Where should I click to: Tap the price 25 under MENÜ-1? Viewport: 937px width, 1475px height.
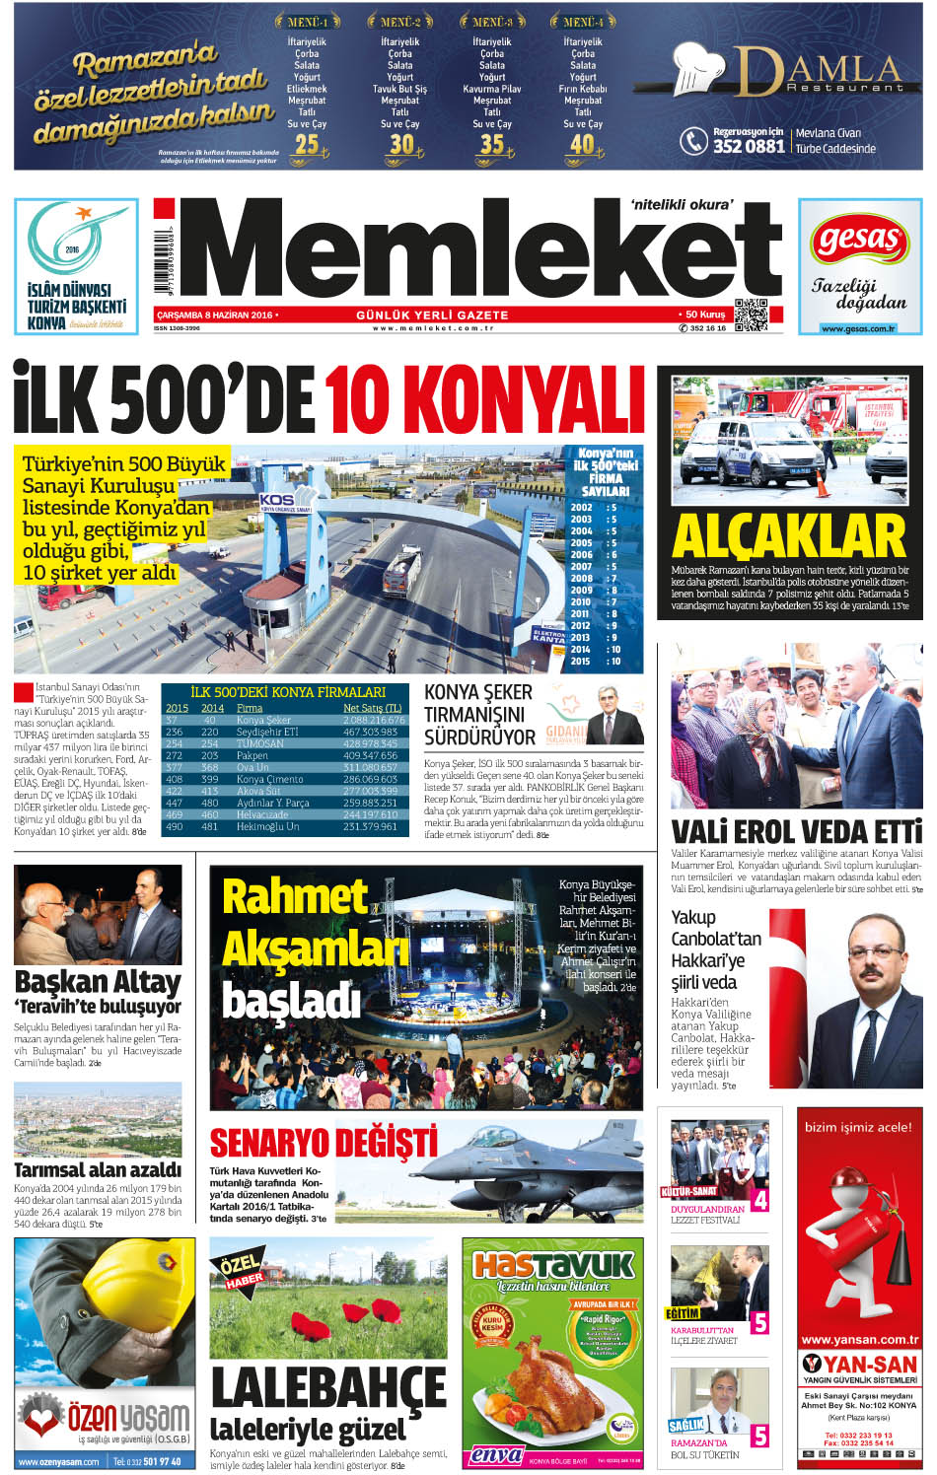pos(307,144)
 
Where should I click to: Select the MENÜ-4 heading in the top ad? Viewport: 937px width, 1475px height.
pos(583,21)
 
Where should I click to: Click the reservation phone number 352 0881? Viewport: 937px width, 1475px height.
pos(749,146)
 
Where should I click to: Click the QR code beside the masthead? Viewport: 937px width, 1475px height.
pos(751,314)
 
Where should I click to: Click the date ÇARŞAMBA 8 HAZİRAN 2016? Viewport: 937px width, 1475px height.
pos(214,316)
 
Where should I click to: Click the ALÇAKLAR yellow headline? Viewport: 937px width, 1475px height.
pos(789,537)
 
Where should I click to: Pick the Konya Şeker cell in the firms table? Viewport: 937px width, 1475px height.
pos(263,720)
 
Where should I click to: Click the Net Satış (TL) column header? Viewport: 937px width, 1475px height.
pos(372,708)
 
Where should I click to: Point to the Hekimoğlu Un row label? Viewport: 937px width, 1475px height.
pos(267,826)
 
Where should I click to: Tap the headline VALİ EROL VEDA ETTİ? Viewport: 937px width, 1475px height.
pos(796,831)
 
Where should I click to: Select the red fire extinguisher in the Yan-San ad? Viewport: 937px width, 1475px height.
pos(856,1232)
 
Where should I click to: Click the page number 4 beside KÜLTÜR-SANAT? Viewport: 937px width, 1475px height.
pos(759,1201)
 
